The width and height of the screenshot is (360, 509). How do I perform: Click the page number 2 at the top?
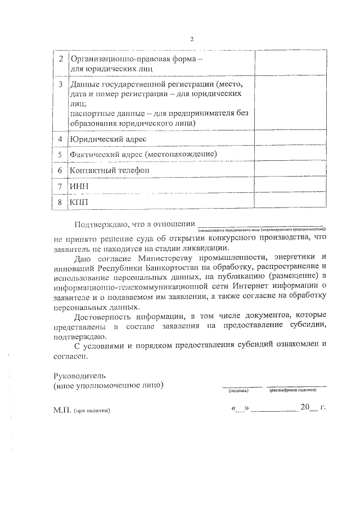pos(191,39)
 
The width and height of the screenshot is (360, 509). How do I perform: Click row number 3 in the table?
pos(60,84)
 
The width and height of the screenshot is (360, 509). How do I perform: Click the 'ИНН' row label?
pos(79,186)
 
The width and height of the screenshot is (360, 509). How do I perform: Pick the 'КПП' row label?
pos(79,201)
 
